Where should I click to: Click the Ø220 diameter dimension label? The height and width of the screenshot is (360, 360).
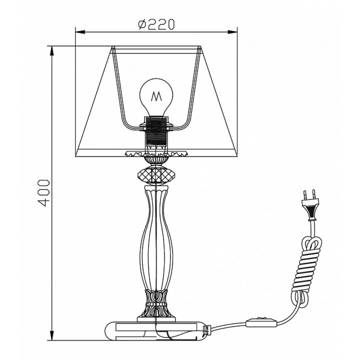(x=157, y=24)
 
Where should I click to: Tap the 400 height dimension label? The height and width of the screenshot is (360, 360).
(x=44, y=193)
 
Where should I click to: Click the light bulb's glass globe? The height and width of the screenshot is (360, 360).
(x=157, y=96)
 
